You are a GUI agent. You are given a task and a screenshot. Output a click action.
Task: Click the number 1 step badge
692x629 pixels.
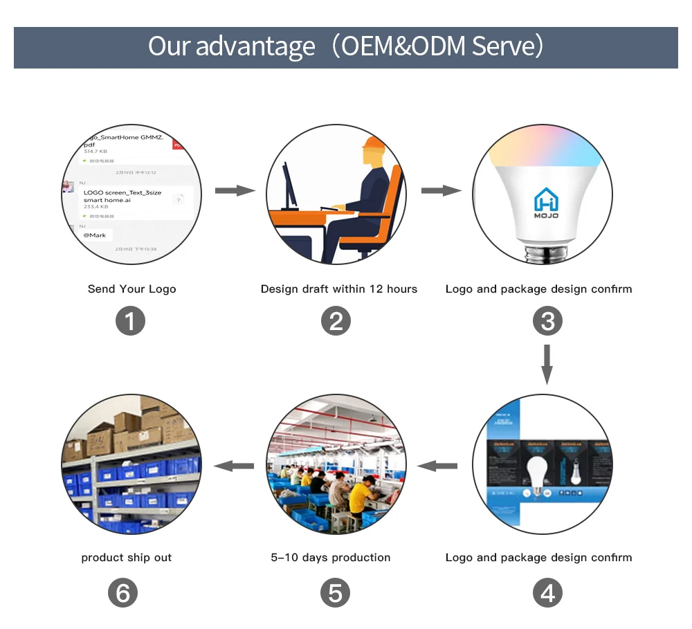[130, 322]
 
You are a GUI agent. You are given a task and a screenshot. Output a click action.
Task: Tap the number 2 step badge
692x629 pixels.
[336, 322]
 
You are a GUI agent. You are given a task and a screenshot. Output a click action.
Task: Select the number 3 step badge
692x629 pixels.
[547, 322]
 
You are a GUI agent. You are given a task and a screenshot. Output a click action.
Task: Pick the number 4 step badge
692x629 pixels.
[547, 594]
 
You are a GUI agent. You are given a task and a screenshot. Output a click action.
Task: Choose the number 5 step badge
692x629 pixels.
[336, 594]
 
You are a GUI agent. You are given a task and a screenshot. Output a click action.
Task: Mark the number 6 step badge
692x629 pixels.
[123, 594]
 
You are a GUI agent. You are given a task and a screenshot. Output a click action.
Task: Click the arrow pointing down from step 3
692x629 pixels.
[547, 364]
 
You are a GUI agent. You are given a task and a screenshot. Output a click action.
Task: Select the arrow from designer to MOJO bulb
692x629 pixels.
[441, 190]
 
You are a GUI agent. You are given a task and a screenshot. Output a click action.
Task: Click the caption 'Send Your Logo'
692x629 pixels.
[131, 289]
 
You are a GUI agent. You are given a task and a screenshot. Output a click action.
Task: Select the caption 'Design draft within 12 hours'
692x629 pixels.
[338, 289]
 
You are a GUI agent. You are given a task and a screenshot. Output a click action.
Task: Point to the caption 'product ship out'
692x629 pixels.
[126, 558]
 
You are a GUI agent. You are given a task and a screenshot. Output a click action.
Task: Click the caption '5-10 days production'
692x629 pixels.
[330, 558]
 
